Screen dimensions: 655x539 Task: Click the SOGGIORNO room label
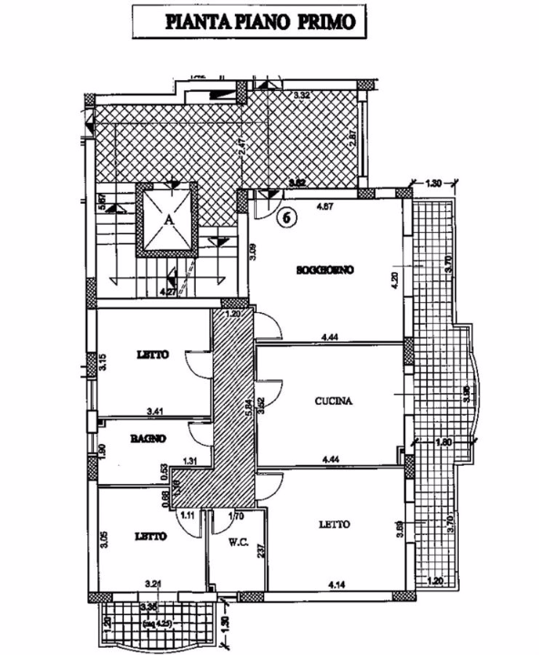324,270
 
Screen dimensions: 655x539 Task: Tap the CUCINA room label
334,400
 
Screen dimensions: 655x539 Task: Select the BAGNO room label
147,438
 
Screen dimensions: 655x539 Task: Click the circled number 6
286,217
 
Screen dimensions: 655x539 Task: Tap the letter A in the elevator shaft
169,219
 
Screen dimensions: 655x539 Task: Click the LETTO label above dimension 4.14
336,524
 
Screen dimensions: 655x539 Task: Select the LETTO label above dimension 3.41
152,356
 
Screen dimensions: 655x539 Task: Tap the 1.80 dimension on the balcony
444,443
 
